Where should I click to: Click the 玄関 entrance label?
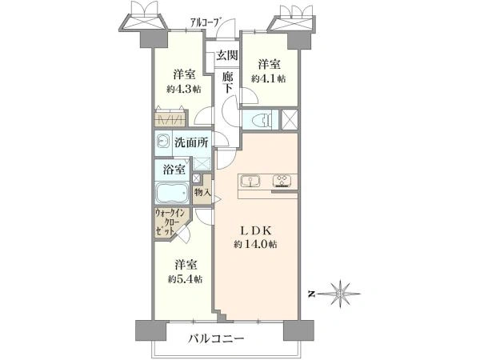(227, 55)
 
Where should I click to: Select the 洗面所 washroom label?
(191, 142)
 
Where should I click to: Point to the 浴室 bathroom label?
(174, 170)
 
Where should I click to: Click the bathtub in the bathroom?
(172, 193)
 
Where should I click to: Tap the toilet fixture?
(262, 119)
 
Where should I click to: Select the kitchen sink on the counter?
(250, 182)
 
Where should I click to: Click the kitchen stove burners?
(283, 181)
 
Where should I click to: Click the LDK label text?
(256, 231)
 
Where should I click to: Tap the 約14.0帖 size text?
(256, 244)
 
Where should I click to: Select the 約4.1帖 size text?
(269, 78)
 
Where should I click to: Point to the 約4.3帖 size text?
(184, 89)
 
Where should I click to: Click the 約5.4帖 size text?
(185, 279)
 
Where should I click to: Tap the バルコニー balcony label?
(216, 338)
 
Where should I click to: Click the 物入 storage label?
(202, 193)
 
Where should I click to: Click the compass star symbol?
(339, 294)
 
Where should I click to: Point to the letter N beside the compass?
(312, 294)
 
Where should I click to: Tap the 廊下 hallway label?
(227, 82)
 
